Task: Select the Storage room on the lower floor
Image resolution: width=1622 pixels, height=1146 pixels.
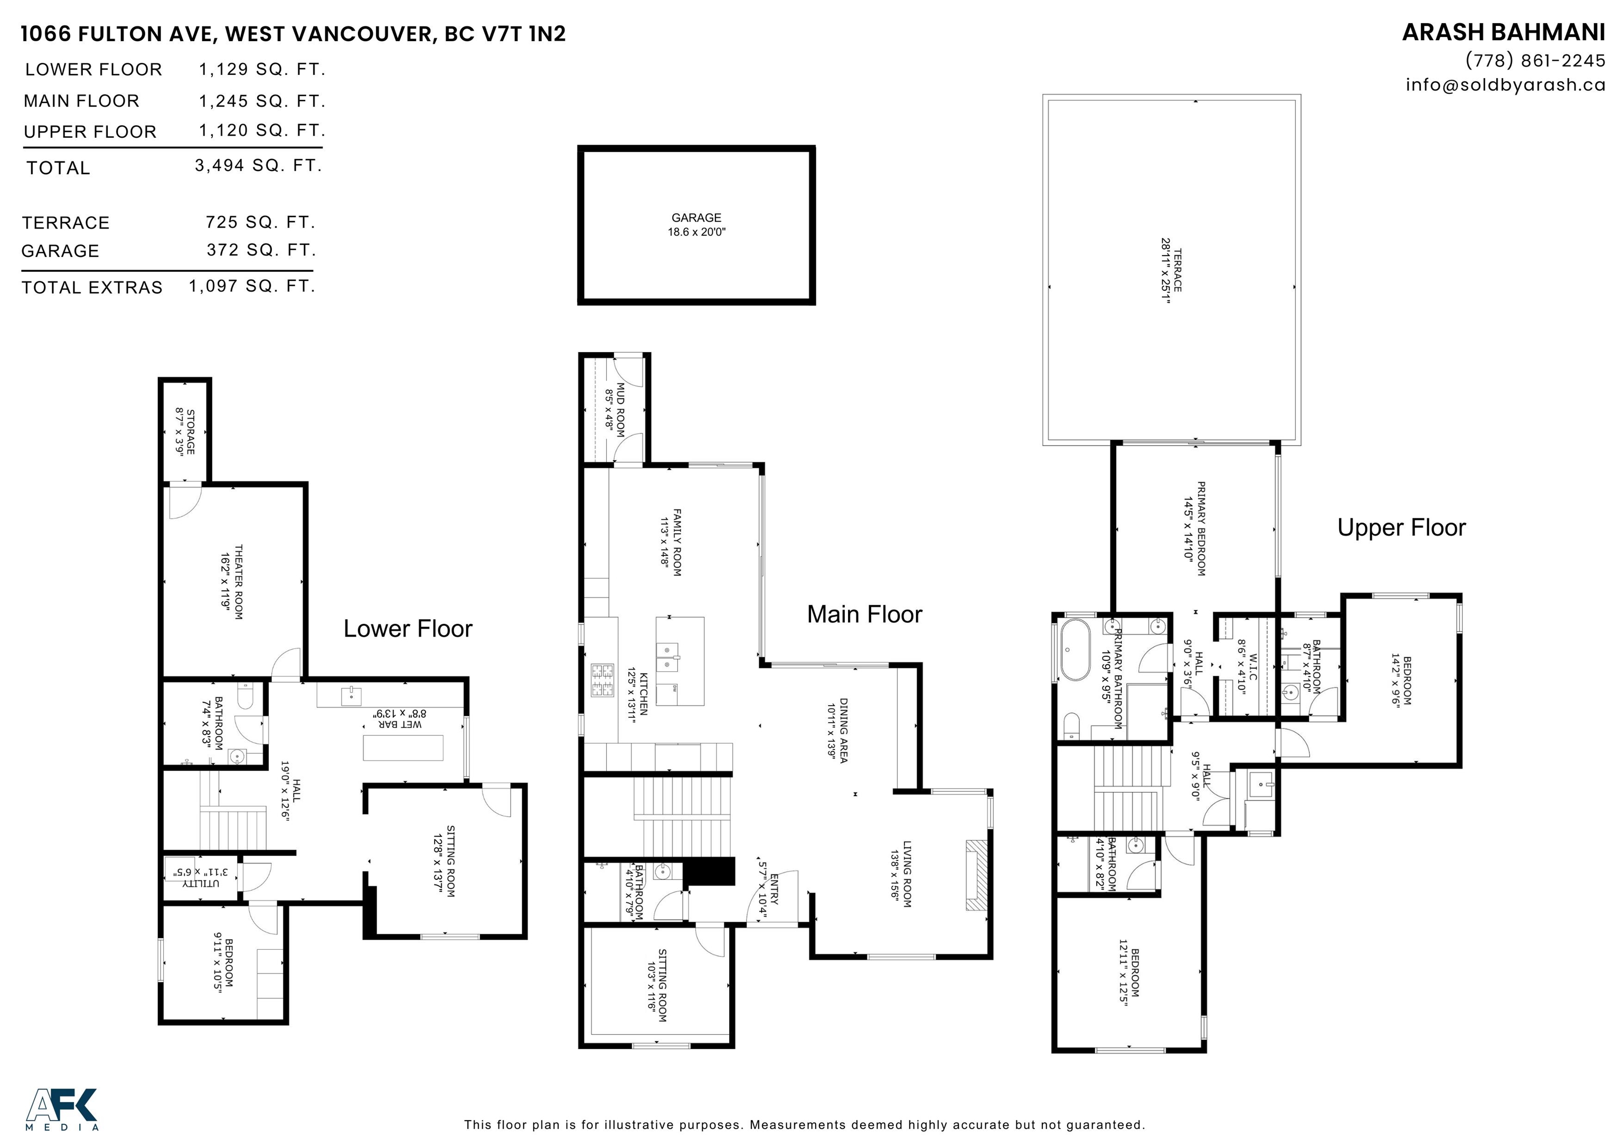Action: click(x=185, y=431)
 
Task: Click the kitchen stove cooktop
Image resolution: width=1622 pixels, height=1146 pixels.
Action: click(x=602, y=680)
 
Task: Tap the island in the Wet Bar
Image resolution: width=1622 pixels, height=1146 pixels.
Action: click(x=403, y=747)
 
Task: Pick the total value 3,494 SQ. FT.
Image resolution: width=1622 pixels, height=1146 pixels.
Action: click(x=259, y=165)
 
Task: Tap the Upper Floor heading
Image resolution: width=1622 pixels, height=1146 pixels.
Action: click(x=1402, y=527)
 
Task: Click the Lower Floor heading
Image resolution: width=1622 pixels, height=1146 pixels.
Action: click(x=408, y=629)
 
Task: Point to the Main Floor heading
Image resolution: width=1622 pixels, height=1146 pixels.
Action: click(x=865, y=614)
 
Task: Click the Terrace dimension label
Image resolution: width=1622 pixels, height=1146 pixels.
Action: click(x=1171, y=270)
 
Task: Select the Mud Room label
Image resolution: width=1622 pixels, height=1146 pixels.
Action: click(x=615, y=410)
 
